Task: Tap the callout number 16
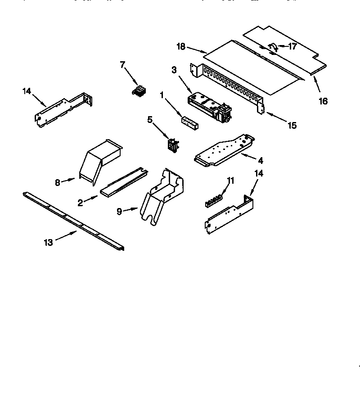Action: (x=323, y=101)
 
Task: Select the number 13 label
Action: (x=48, y=242)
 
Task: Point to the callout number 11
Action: (x=230, y=181)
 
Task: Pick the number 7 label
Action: (x=122, y=65)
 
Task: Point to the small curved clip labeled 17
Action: (x=272, y=47)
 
